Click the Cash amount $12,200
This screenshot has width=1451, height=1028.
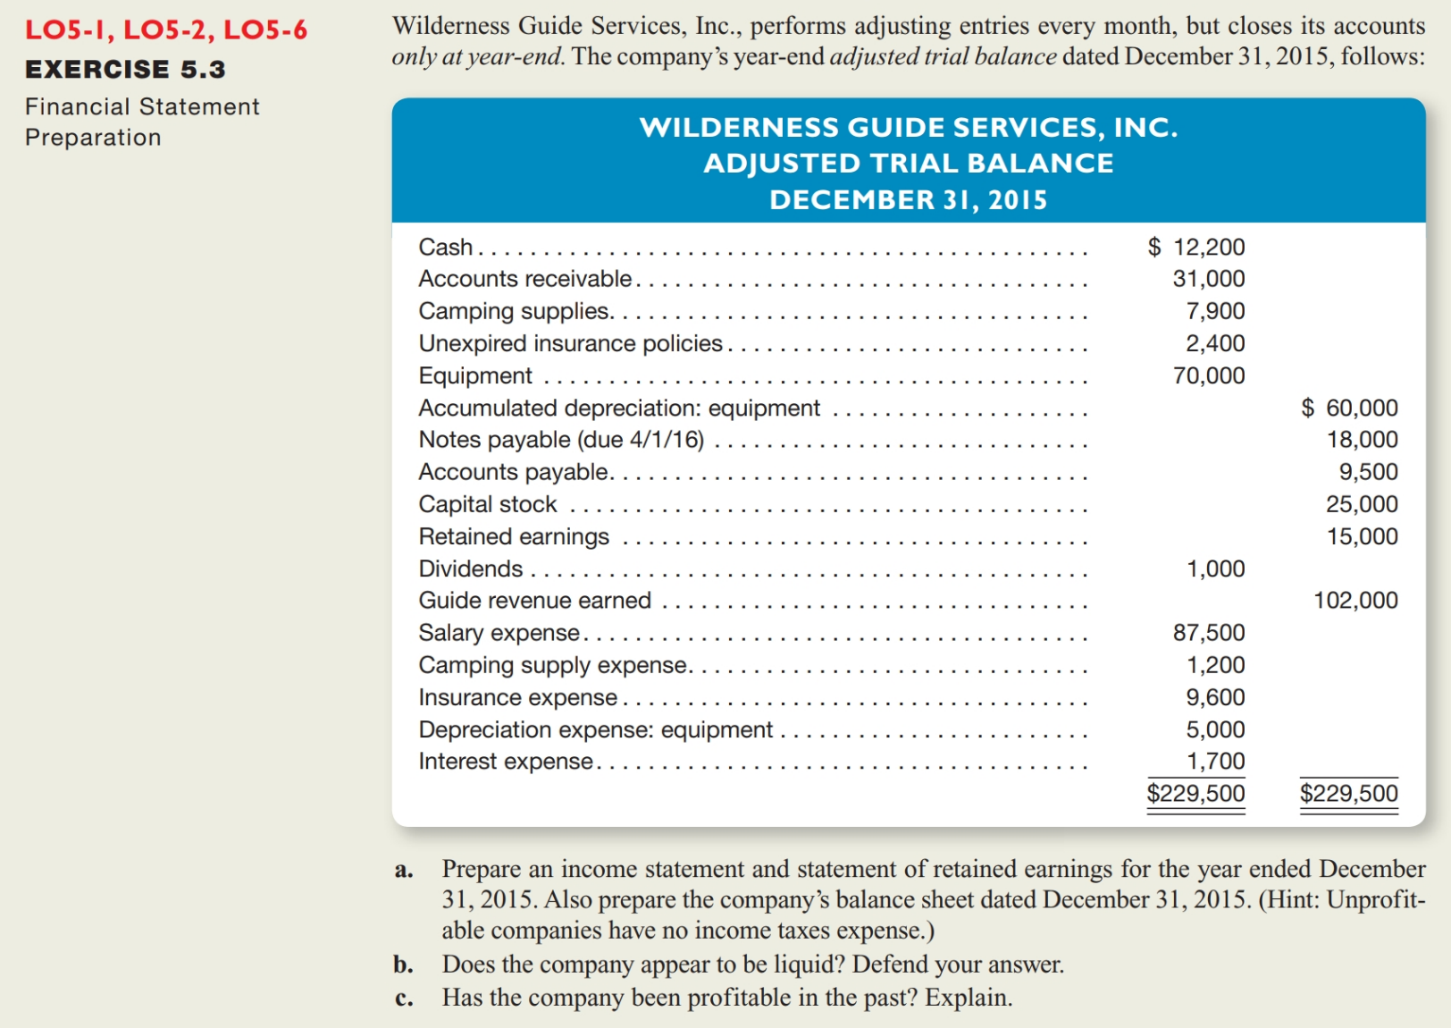(1196, 247)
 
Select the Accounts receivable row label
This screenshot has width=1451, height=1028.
(524, 279)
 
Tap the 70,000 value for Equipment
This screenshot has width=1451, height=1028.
(1208, 375)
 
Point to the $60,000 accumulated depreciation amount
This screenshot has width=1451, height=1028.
(1349, 408)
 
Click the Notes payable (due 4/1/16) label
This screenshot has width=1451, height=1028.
(561, 440)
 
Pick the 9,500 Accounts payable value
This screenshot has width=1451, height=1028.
(1368, 472)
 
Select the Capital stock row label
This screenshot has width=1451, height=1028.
(488, 504)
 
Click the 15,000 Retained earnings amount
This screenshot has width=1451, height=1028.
(1362, 536)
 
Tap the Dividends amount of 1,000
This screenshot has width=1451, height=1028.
(1215, 569)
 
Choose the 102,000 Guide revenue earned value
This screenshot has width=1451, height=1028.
(1355, 600)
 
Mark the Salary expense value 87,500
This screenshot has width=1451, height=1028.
(1208, 633)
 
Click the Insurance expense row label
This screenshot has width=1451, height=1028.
(518, 697)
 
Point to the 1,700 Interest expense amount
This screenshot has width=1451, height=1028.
(1215, 761)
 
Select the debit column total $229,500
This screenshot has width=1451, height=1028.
(1195, 793)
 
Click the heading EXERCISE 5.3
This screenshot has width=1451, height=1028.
(125, 69)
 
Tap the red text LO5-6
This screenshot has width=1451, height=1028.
(264, 29)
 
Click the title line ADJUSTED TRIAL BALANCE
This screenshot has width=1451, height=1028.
(908, 163)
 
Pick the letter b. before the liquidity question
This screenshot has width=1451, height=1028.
(403, 965)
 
